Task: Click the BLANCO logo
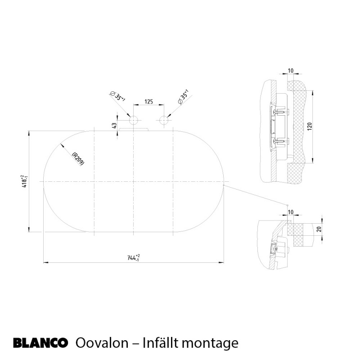pyautogui.click(x=40, y=344)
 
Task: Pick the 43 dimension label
pyautogui.click(x=114, y=126)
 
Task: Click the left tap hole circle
pyautogui.click(x=133, y=121)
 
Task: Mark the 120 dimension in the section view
pyautogui.click(x=310, y=126)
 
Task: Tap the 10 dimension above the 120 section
pyautogui.click(x=290, y=71)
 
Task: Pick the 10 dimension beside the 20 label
pyautogui.click(x=290, y=212)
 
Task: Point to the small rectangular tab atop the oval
pyautogui.click(x=134, y=129)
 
